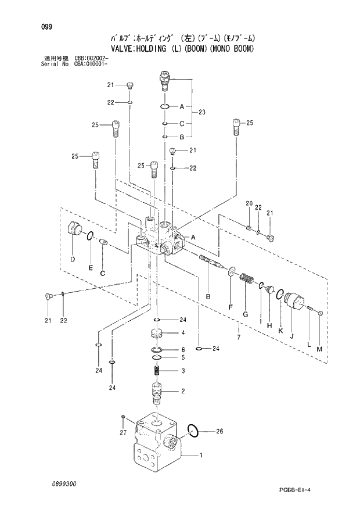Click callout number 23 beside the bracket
201,112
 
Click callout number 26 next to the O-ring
219,431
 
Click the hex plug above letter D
75,230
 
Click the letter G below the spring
245,314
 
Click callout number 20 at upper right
249,203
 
